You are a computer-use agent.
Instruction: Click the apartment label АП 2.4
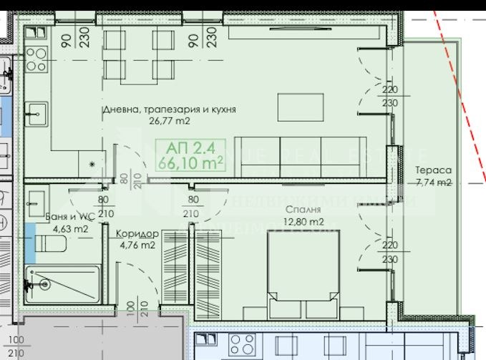[190, 148]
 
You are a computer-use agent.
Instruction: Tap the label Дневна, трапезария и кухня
[169, 110]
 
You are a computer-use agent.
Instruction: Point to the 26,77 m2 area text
[168, 121]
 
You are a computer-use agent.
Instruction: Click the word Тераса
[432, 171]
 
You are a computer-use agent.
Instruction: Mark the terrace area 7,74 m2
[432, 183]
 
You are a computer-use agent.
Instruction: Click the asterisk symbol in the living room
[92, 164]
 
